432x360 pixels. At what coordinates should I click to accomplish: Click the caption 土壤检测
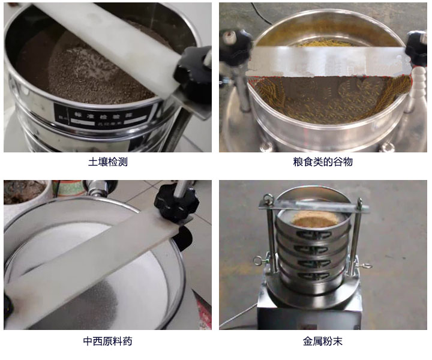[108, 161]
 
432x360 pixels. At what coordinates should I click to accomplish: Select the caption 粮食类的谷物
[323, 161]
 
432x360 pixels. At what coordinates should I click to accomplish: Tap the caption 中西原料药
[108, 341]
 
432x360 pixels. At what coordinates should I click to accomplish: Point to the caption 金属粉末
[323, 341]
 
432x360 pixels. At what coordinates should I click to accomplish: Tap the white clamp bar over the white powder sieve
[90, 264]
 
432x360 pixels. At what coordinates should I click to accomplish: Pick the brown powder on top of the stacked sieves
[314, 221]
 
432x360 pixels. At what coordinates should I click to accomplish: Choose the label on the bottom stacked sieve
[314, 275]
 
